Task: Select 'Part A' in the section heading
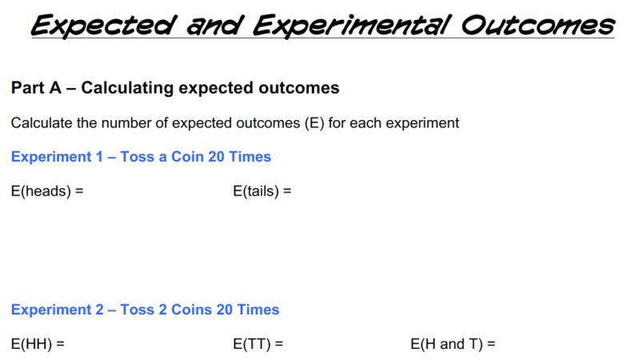37,88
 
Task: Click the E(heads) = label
47,192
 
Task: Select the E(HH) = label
38,345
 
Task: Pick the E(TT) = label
258,345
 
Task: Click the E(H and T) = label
453,345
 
